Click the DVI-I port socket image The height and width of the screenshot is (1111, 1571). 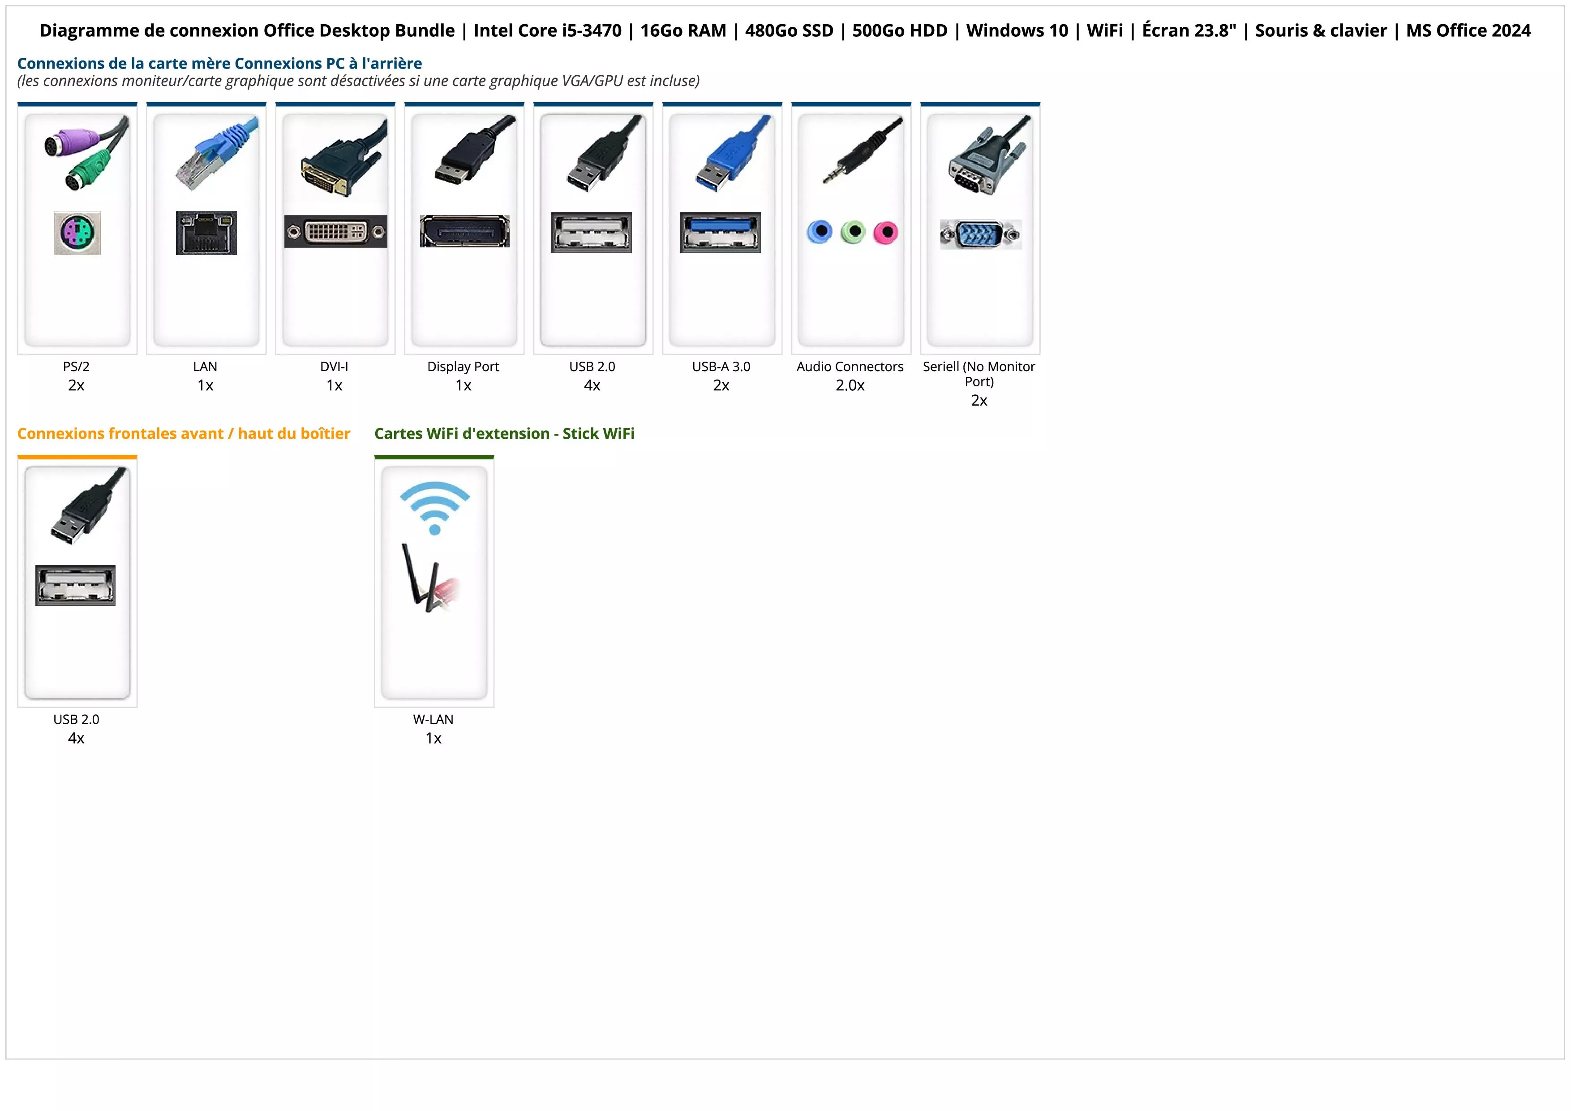(x=335, y=232)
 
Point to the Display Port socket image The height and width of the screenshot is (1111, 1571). (x=464, y=231)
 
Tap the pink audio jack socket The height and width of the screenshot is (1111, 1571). (x=885, y=233)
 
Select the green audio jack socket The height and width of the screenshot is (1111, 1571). (x=853, y=232)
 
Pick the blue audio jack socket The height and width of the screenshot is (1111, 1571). (x=820, y=232)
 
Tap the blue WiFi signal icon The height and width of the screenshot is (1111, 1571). (x=434, y=506)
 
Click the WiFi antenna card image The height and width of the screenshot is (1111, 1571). (x=430, y=579)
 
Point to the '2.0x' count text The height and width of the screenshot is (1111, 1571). (x=850, y=385)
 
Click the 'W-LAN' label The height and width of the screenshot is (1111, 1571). (x=433, y=719)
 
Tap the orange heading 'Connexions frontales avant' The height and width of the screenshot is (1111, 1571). (x=183, y=434)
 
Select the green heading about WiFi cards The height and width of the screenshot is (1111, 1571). (x=504, y=434)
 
